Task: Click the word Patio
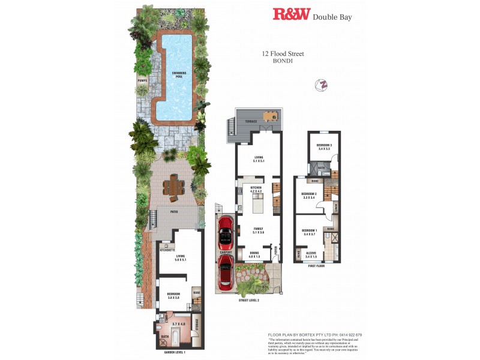174,211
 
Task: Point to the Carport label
226,253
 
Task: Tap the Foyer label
275,250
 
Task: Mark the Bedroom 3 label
325,146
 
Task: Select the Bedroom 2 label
308,195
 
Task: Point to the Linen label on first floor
337,208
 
